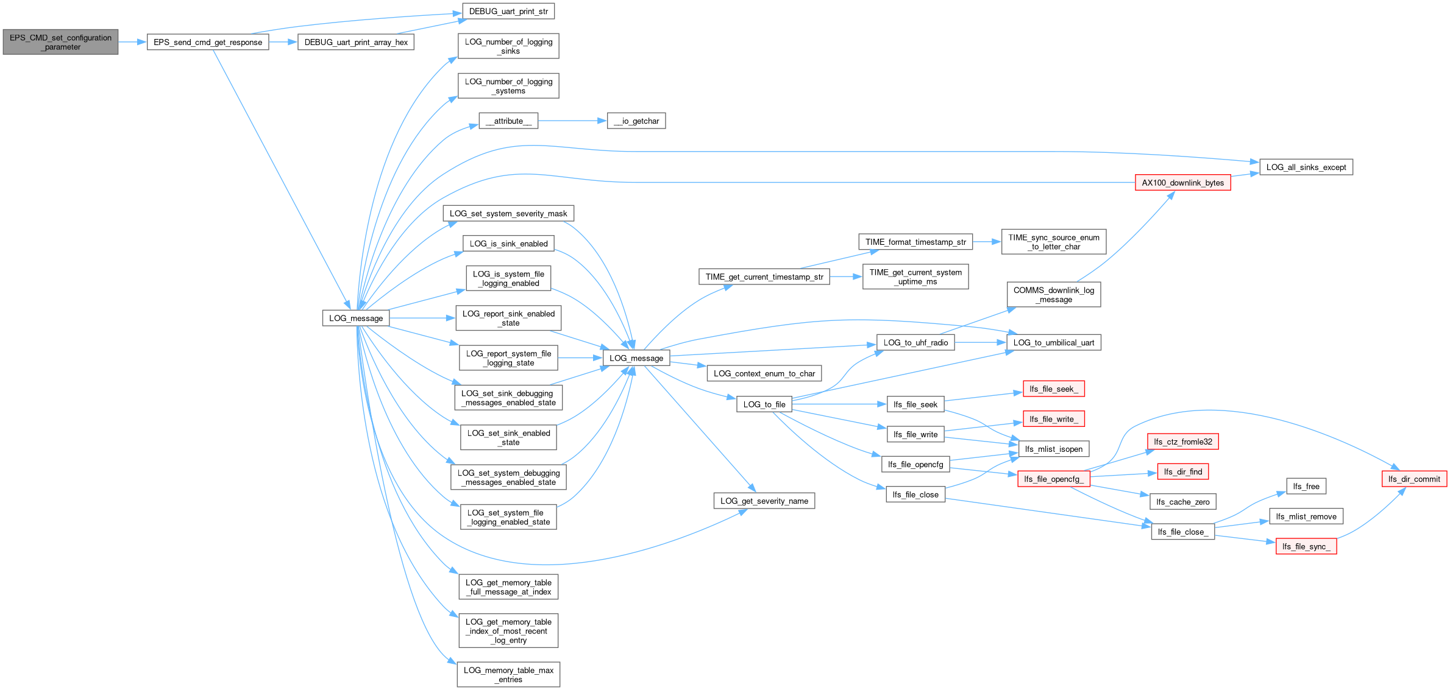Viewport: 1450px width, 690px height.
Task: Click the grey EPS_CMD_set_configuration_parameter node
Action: click(60, 42)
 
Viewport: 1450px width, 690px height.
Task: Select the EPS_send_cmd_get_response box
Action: click(208, 42)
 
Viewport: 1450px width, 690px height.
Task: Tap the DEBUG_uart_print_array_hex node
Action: click(356, 42)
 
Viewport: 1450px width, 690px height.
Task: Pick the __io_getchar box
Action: click(636, 121)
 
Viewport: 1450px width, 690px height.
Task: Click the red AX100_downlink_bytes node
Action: click(1183, 183)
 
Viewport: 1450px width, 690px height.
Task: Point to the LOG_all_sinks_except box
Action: click(1306, 167)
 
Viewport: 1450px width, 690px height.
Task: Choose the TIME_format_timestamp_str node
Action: click(915, 242)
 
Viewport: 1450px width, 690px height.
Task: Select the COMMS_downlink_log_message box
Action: click(1054, 295)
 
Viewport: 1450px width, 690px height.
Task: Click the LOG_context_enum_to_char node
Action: click(764, 373)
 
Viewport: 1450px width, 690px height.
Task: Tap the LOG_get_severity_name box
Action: click(764, 501)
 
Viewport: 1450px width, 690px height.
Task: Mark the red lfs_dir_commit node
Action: click(1414, 479)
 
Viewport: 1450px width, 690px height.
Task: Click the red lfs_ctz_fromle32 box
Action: click(1182, 442)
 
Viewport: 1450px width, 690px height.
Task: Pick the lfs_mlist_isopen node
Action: click(1054, 449)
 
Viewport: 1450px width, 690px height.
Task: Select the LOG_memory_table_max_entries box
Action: click(508, 675)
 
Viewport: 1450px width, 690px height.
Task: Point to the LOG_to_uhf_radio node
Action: click(915, 342)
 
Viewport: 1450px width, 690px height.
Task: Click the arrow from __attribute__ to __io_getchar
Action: click(572, 121)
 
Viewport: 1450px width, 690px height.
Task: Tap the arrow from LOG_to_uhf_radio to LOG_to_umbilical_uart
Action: click(981, 342)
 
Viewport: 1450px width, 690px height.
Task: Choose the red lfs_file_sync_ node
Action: click(1306, 546)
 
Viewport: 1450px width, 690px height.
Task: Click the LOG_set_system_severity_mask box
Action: click(508, 213)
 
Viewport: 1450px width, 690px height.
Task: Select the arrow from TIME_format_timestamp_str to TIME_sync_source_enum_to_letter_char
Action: click(987, 242)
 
